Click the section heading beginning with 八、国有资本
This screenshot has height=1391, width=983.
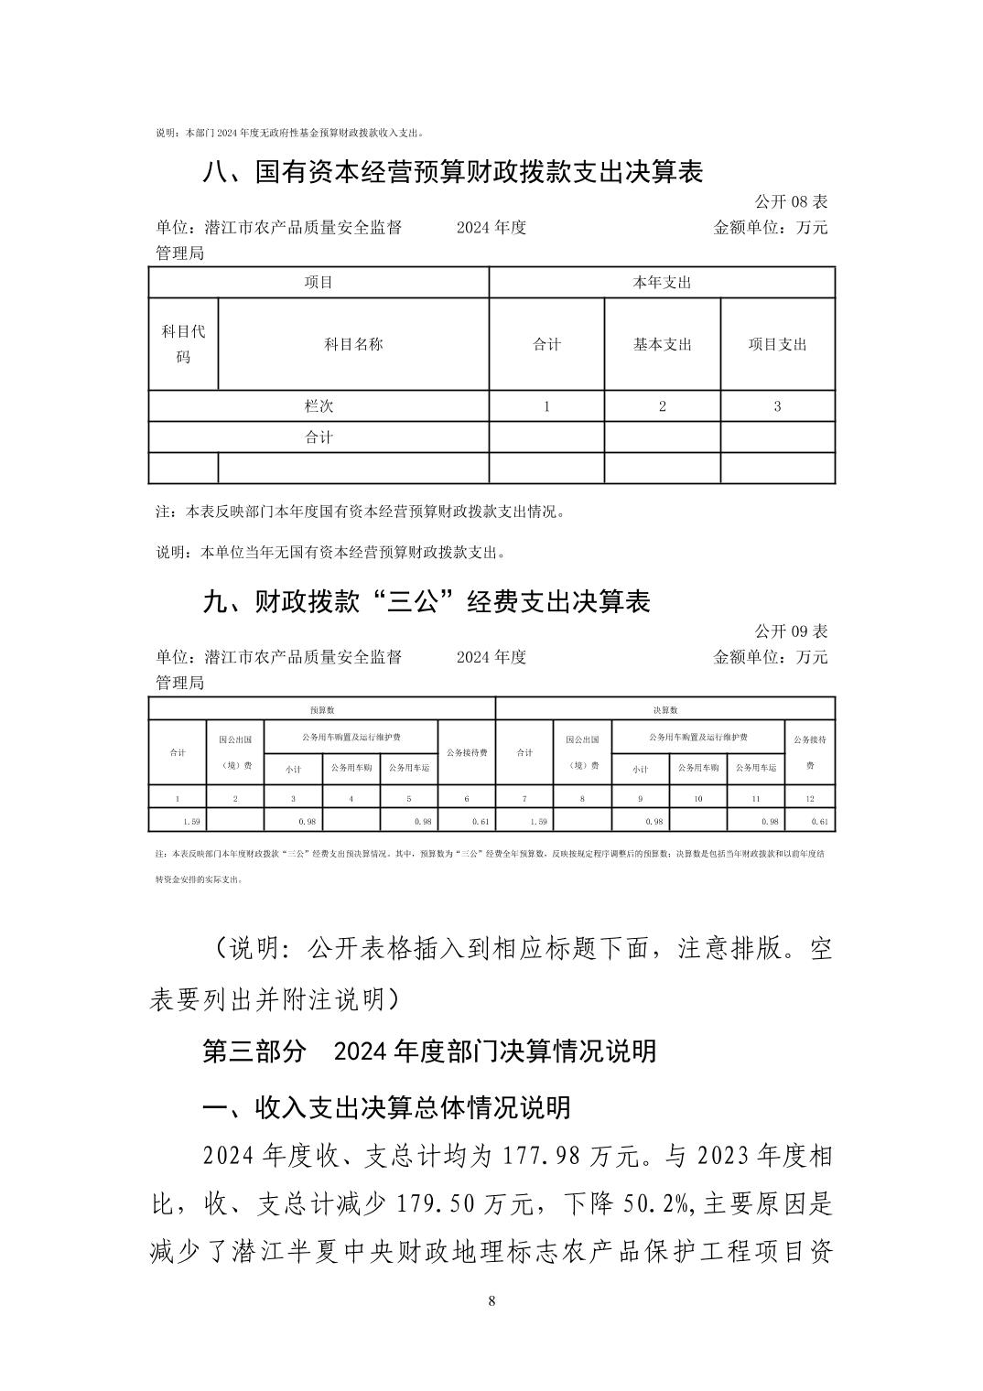point(452,172)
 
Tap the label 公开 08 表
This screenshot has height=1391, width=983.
point(791,201)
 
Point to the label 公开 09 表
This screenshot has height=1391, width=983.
point(791,631)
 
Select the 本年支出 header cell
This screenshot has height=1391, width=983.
point(662,283)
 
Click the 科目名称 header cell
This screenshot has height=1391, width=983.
point(353,344)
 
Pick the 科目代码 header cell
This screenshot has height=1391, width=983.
point(183,344)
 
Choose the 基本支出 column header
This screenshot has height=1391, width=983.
point(662,344)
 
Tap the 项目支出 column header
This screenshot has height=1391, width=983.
point(778,344)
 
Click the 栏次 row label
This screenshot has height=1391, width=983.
point(319,405)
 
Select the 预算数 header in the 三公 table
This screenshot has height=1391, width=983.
point(321,709)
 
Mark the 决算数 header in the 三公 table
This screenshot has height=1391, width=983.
point(664,709)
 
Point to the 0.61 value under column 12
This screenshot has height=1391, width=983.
point(819,822)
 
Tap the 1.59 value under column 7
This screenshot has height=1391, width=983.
point(538,822)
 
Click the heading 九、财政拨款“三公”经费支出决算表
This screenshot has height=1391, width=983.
point(426,602)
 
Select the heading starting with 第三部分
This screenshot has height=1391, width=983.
point(428,1051)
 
